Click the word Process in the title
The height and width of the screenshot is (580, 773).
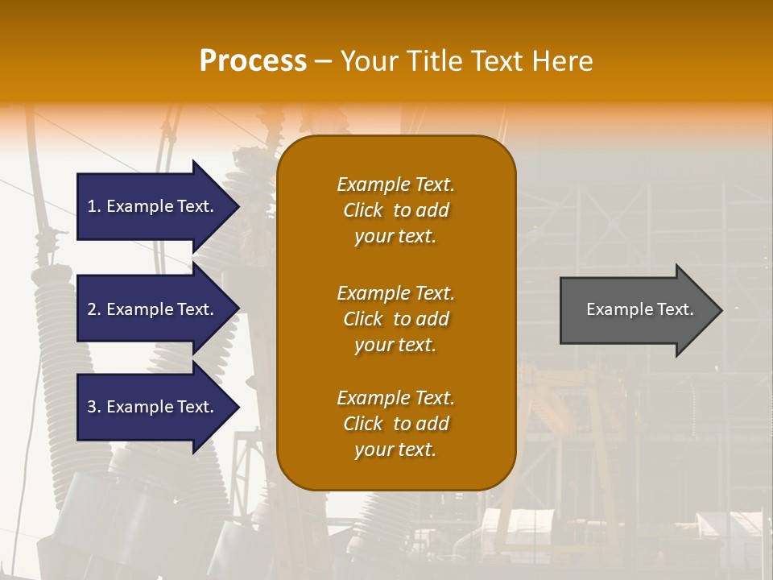[x=253, y=61]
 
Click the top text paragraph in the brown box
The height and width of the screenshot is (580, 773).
[x=395, y=210]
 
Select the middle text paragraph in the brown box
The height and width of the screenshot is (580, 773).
[x=395, y=319]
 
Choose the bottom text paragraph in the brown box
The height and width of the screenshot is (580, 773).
[x=395, y=424]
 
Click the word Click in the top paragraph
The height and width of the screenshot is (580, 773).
[x=363, y=210]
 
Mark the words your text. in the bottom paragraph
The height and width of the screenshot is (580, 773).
[x=395, y=449]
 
